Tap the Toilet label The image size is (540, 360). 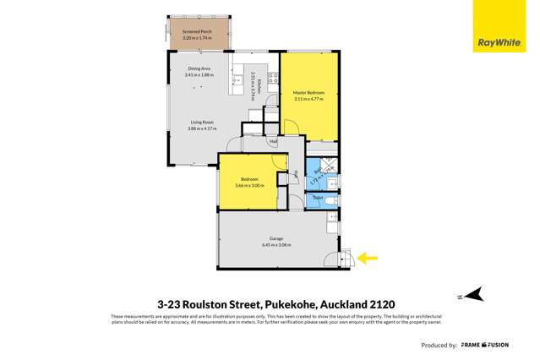[317, 198]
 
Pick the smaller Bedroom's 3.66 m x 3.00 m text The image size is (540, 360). [249, 185]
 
